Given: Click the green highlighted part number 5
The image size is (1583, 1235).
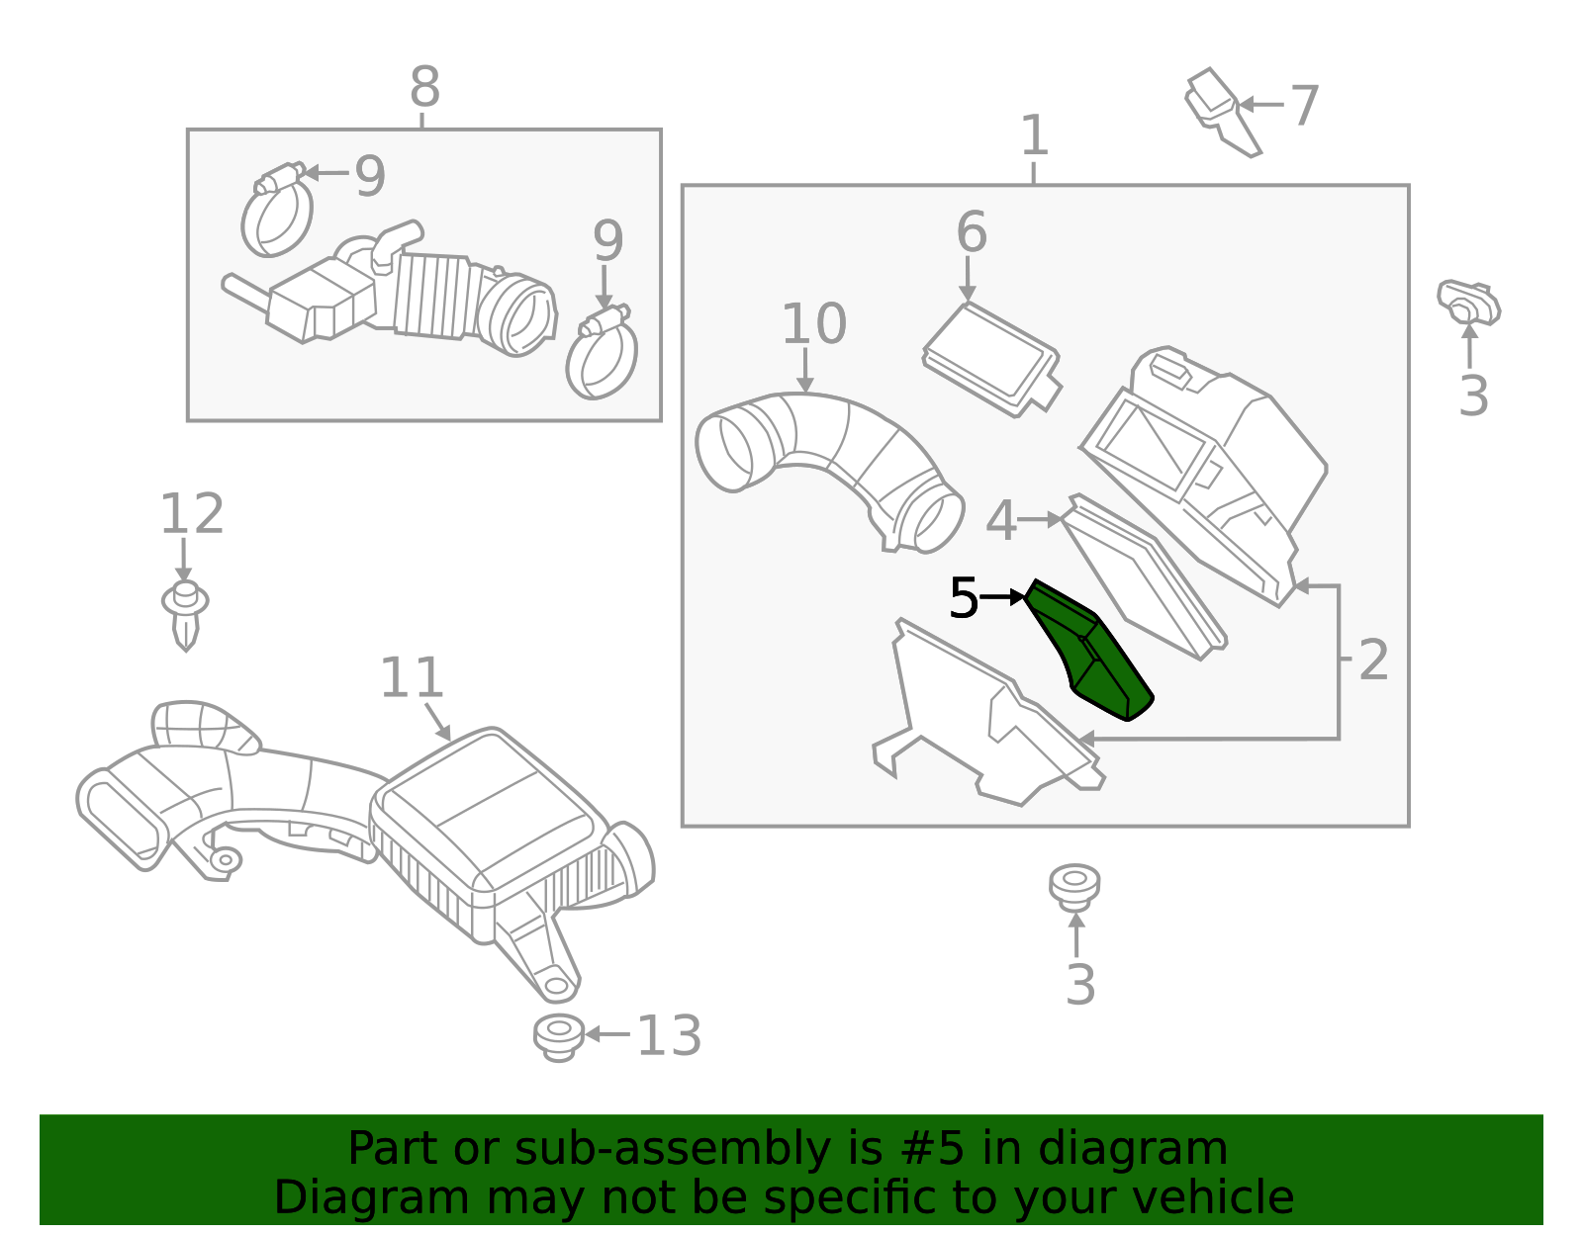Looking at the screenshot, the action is click(x=1089, y=652).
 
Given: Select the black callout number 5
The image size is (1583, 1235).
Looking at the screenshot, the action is click(x=963, y=598).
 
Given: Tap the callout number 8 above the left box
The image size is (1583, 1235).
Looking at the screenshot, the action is click(x=424, y=87).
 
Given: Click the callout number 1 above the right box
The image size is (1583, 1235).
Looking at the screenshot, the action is click(x=1035, y=135).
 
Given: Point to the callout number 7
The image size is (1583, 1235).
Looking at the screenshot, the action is click(x=1304, y=106).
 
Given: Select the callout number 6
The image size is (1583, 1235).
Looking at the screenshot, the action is click(x=972, y=232).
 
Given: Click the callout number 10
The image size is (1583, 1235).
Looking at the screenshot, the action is click(x=813, y=324).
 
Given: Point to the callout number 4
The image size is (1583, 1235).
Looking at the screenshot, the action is click(x=1001, y=521).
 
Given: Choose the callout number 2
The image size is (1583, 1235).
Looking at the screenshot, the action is click(x=1373, y=661).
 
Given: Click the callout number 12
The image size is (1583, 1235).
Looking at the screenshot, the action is click(x=192, y=514).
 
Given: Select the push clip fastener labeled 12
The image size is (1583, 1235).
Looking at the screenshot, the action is click(x=185, y=616).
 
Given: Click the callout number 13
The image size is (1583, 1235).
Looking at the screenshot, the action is click(x=669, y=1035).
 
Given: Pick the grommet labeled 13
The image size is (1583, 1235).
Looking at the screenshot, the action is click(x=559, y=1037).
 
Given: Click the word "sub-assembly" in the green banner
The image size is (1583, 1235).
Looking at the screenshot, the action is click(x=672, y=1149).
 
